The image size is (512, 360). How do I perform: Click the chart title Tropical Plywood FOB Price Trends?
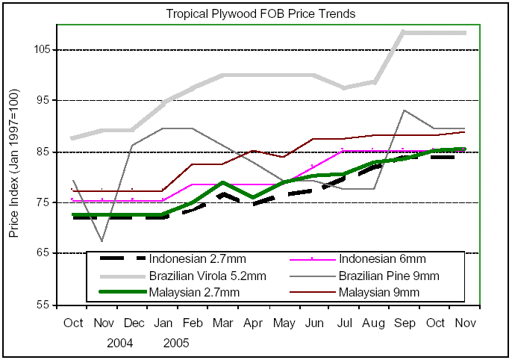(260, 13)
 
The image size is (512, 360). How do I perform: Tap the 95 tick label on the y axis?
(42, 101)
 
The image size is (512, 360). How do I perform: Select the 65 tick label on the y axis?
(42, 254)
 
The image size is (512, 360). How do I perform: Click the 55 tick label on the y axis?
(42, 305)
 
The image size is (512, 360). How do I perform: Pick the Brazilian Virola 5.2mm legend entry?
(207, 276)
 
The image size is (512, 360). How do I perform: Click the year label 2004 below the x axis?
(119, 344)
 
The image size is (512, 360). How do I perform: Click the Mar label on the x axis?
(222, 323)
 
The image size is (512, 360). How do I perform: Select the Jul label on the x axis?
(346, 323)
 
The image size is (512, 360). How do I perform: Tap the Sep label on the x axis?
(405, 323)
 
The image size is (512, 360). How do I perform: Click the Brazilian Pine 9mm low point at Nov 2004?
(102, 241)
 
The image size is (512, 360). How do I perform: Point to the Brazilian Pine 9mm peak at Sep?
(404, 111)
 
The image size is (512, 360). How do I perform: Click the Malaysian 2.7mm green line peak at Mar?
(222, 182)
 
